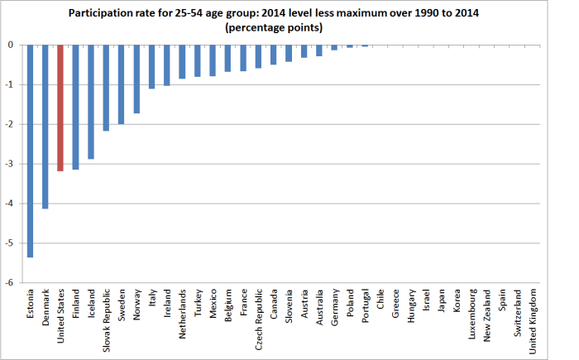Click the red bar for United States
60,108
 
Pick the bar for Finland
76,107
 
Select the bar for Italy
152,66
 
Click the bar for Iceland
91,102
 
